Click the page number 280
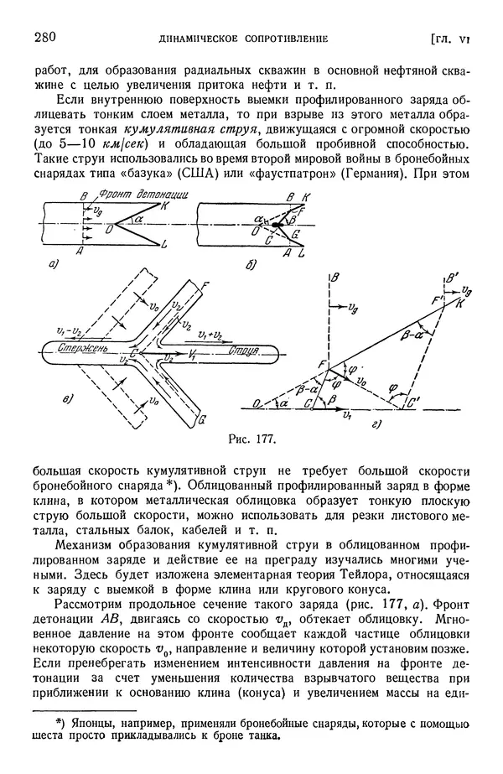point(44,37)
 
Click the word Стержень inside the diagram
point(76,348)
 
